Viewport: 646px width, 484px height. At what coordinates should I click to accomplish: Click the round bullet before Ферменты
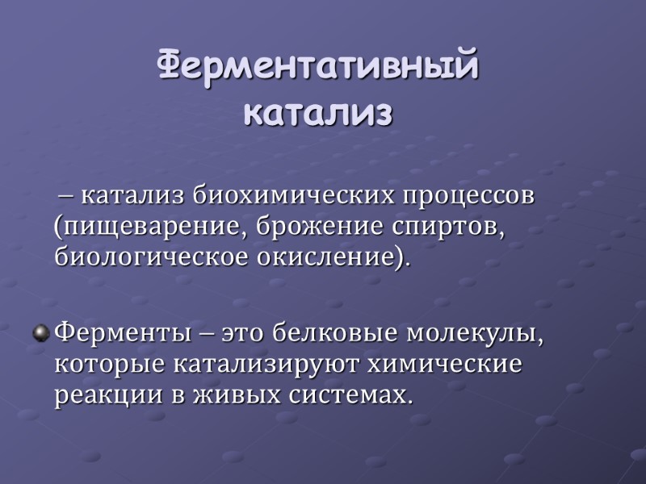40,332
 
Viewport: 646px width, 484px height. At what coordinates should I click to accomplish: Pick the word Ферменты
115,332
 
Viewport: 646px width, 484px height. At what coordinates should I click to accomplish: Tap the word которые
108,364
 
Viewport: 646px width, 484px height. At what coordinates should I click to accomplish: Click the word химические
446,364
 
